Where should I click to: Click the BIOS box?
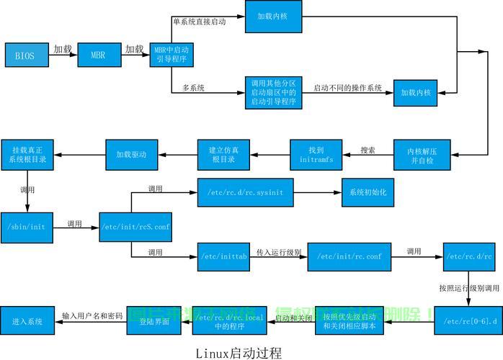[x=25, y=55]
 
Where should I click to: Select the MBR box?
[x=97, y=55]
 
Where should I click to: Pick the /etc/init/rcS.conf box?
[x=135, y=226]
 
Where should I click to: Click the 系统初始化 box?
[x=368, y=192]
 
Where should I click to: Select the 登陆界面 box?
[x=148, y=320]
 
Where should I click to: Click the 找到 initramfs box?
[x=316, y=155]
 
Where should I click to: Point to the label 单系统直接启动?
[x=199, y=22]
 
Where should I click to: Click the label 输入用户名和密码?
[x=92, y=316]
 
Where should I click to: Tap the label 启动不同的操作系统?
[x=347, y=89]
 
